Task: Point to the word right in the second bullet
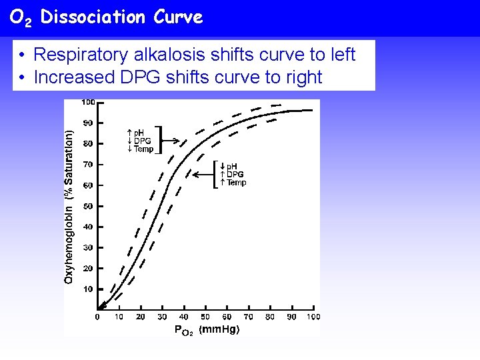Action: (x=304, y=77)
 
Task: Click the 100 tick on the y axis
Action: (x=88, y=102)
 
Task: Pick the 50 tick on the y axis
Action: (x=88, y=206)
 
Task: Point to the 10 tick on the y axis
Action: (x=88, y=289)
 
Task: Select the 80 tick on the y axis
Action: (x=88, y=144)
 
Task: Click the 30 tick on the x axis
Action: (x=162, y=317)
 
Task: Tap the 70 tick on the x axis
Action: (x=248, y=317)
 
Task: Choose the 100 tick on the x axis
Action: (x=313, y=317)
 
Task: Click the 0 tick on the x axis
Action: (x=97, y=317)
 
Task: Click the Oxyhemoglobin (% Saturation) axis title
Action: (x=69, y=206)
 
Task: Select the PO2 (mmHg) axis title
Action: (x=207, y=329)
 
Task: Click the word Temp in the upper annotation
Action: (x=143, y=149)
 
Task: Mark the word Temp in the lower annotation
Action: (x=236, y=183)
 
